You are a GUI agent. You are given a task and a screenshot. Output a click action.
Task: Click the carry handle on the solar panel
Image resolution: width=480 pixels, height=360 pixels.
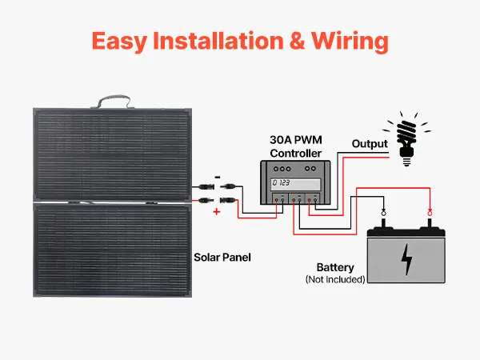(x=111, y=102)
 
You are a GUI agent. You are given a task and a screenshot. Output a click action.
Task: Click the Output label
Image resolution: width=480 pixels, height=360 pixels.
(x=370, y=144)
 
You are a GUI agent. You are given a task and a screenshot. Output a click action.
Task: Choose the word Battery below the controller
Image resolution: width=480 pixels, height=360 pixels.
(x=335, y=267)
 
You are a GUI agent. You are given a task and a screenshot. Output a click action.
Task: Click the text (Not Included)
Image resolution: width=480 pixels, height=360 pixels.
(x=335, y=279)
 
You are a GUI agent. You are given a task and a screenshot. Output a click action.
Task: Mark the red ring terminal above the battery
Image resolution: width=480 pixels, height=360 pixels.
(x=430, y=212)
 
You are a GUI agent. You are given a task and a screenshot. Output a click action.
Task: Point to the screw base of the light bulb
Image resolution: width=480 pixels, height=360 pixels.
(x=407, y=159)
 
